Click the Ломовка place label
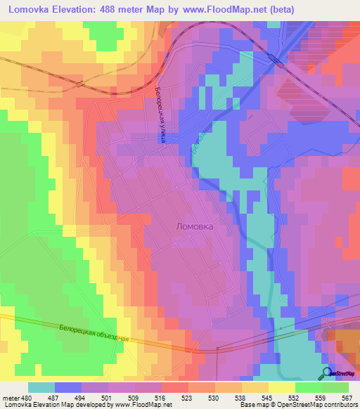(193, 228)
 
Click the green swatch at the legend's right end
(335, 387)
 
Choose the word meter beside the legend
(11, 398)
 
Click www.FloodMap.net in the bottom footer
(142, 405)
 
